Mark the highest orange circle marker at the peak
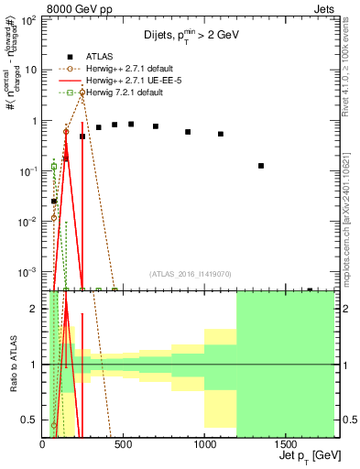tap(82, 93)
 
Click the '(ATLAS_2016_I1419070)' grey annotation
tap(191, 274)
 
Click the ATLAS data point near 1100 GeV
tap(221, 134)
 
